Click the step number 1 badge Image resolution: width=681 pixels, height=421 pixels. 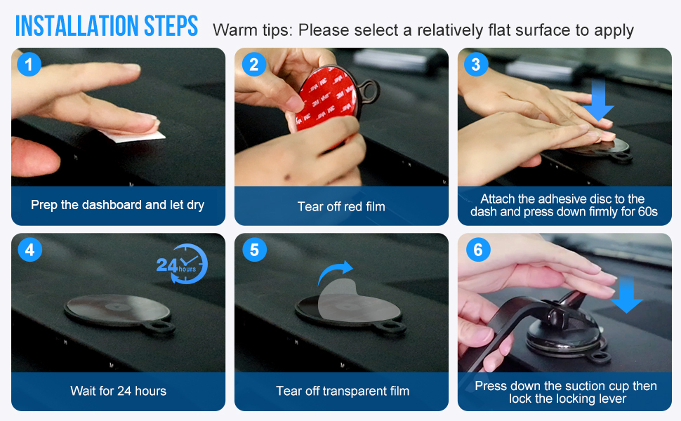click(x=29, y=65)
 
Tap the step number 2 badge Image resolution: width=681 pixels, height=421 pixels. click(x=253, y=65)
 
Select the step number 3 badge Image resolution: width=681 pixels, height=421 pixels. click(x=476, y=65)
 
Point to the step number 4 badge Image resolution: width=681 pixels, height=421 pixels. click(x=29, y=250)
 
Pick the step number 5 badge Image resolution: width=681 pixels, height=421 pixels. click(x=253, y=250)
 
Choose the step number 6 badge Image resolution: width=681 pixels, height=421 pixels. click(x=476, y=250)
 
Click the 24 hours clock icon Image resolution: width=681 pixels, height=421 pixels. click(x=183, y=264)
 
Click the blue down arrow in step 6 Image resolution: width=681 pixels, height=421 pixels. click(x=626, y=294)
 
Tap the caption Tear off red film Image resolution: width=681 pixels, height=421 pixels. click(x=341, y=206)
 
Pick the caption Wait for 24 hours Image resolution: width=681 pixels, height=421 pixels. click(x=118, y=391)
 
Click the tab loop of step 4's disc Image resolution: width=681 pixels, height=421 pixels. click(x=161, y=327)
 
